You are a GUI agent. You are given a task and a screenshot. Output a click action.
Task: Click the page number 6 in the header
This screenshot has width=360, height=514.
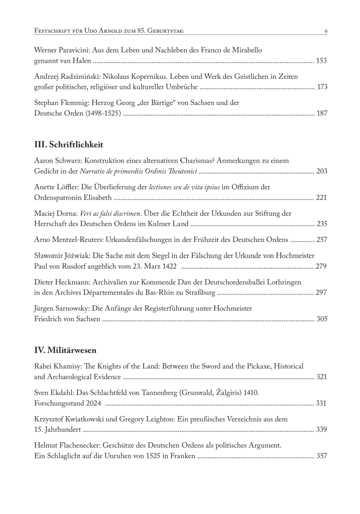click(x=326, y=31)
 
